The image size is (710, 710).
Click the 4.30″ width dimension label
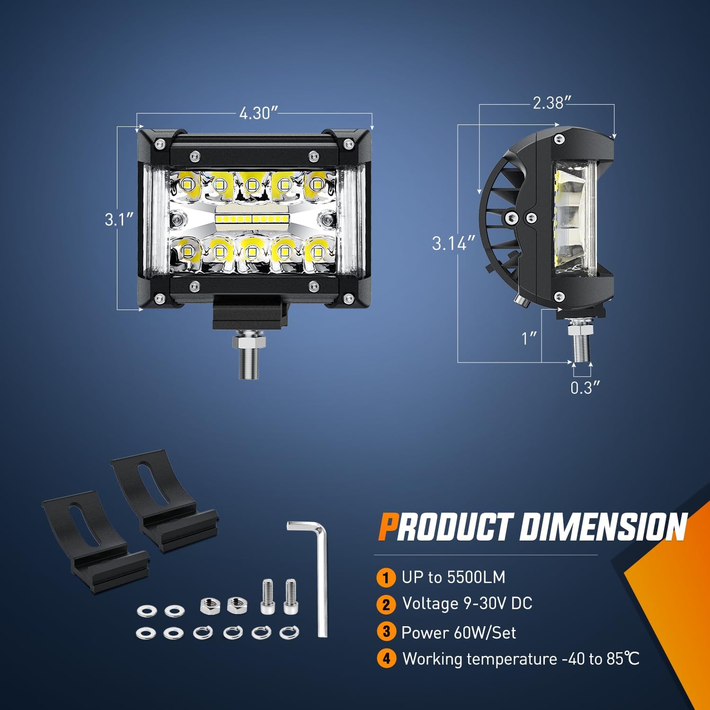[257, 113]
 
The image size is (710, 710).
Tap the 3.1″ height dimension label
[119, 220]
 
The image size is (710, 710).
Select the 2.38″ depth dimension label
[552, 103]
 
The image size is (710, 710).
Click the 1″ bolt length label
[529, 338]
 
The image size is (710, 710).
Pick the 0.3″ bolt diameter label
[585, 388]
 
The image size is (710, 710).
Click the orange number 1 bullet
[386, 577]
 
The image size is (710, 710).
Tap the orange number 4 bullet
[386, 658]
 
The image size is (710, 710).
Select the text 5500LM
[476, 577]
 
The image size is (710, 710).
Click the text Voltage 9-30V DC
[467, 603]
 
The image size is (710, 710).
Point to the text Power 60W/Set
[458, 632]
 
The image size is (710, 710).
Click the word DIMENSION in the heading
[603, 527]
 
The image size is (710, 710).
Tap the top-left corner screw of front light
[160, 142]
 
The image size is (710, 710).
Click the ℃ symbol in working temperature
[631, 658]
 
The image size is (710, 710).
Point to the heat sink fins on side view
[497, 222]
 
